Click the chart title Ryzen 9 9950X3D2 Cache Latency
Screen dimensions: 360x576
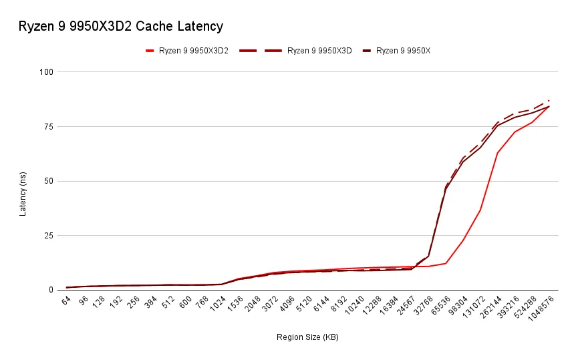120,27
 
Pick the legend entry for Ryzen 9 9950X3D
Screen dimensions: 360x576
319,50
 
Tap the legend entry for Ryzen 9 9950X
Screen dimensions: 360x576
402,50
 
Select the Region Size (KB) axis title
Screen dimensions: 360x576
307,337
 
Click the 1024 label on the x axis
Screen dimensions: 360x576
217,304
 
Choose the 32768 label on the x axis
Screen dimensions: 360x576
422,305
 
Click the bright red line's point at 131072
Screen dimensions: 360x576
480,210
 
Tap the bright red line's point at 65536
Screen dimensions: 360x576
446,263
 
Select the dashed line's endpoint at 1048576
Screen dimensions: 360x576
549,100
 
